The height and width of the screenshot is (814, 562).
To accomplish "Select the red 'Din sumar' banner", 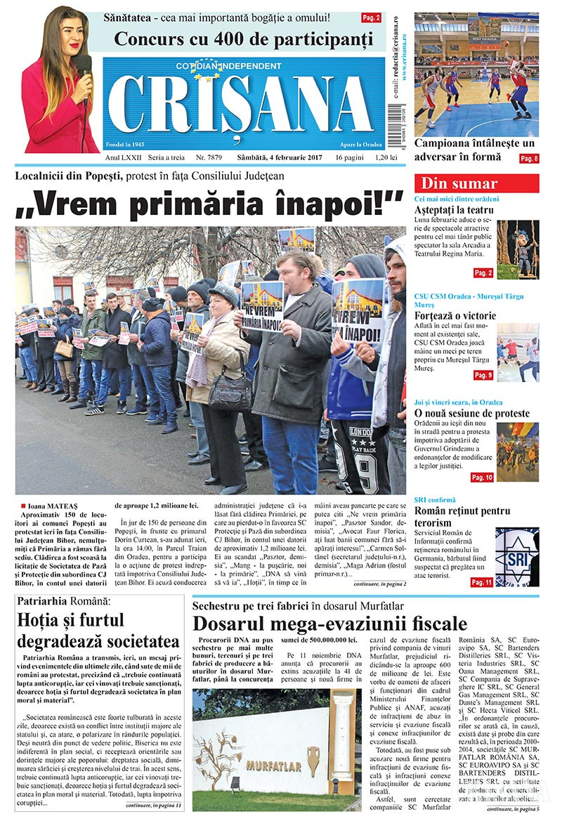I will pyautogui.click(x=478, y=183).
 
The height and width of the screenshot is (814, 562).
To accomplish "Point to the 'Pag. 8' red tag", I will pyautogui.click(x=529, y=159).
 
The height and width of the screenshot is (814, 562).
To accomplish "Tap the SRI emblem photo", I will pyautogui.click(x=517, y=556).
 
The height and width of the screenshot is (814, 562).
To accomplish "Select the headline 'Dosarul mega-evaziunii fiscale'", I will pyautogui.click(x=329, y=623).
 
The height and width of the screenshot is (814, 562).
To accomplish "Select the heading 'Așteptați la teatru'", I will pyautogui.click(x=454, y=209).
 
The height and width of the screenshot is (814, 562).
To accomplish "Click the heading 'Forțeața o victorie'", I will pyautogui.click(x=455, y=315).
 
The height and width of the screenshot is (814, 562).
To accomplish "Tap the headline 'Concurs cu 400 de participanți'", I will pyautogui.click(x=243, y=39).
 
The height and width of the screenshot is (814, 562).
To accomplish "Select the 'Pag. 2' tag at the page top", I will pyautogui.click(x=371, y=17).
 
